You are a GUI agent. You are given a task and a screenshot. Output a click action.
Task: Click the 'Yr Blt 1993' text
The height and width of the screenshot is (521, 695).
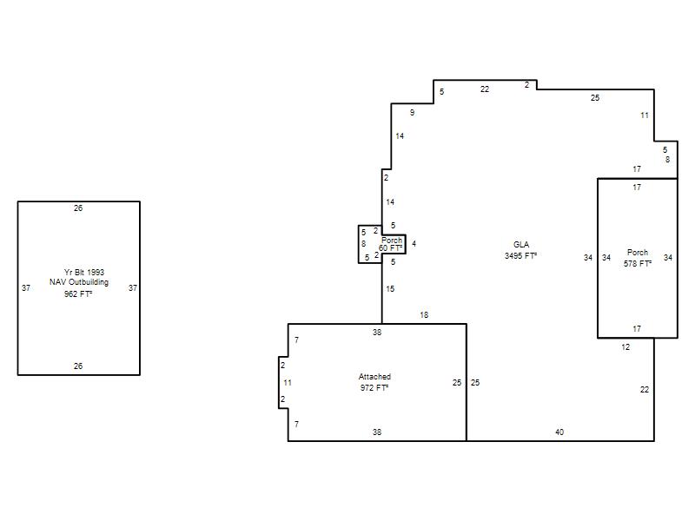tap(84, 272)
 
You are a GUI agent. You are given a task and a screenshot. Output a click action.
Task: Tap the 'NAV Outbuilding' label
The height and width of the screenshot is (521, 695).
tap(79, 282)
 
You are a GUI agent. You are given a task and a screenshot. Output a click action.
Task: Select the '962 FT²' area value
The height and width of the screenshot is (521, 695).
tap(78, 293)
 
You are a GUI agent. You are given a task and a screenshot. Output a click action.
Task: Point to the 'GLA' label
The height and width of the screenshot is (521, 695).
tap(521, 245)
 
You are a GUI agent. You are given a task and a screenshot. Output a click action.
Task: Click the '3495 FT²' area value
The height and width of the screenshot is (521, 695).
tap(520, 255)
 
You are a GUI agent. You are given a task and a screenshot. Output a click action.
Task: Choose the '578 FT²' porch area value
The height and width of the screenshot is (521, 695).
tap(638, 264)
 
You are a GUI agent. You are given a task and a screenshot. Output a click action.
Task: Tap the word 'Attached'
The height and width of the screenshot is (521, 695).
tap(374, 377)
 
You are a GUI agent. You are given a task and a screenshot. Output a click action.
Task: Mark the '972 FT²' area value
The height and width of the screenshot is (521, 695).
tap(374, 387)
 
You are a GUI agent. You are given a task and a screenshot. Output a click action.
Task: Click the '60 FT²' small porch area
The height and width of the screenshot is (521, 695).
tap(390, 248)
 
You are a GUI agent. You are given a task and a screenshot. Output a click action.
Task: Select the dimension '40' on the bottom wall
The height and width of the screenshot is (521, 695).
tap(559, 432)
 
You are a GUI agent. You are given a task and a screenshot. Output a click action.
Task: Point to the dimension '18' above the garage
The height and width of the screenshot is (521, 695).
tap(424, 315)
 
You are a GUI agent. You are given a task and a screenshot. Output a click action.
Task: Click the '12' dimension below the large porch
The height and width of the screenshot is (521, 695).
tap(625, 347)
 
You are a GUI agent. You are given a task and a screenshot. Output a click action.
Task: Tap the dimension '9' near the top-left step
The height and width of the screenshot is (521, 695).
tap(412, 113)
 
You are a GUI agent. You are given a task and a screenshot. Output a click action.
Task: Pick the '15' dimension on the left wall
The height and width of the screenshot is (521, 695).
tap(390, 289)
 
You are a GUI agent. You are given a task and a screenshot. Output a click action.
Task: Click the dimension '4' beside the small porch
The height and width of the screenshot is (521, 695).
tap(414, 244)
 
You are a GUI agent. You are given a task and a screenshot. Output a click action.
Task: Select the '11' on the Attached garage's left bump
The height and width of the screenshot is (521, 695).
tap(288, 383)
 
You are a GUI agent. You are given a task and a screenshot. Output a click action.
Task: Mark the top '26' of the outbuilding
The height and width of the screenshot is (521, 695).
tap(78, 208)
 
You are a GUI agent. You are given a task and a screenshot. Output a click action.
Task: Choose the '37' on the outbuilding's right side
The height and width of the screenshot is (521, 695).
tap(133, 288)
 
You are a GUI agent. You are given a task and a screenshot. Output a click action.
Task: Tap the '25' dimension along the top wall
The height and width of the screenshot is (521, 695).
tap(595, 98)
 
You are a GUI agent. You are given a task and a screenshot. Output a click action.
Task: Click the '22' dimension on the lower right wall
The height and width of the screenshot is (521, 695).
tap(645, 390)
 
